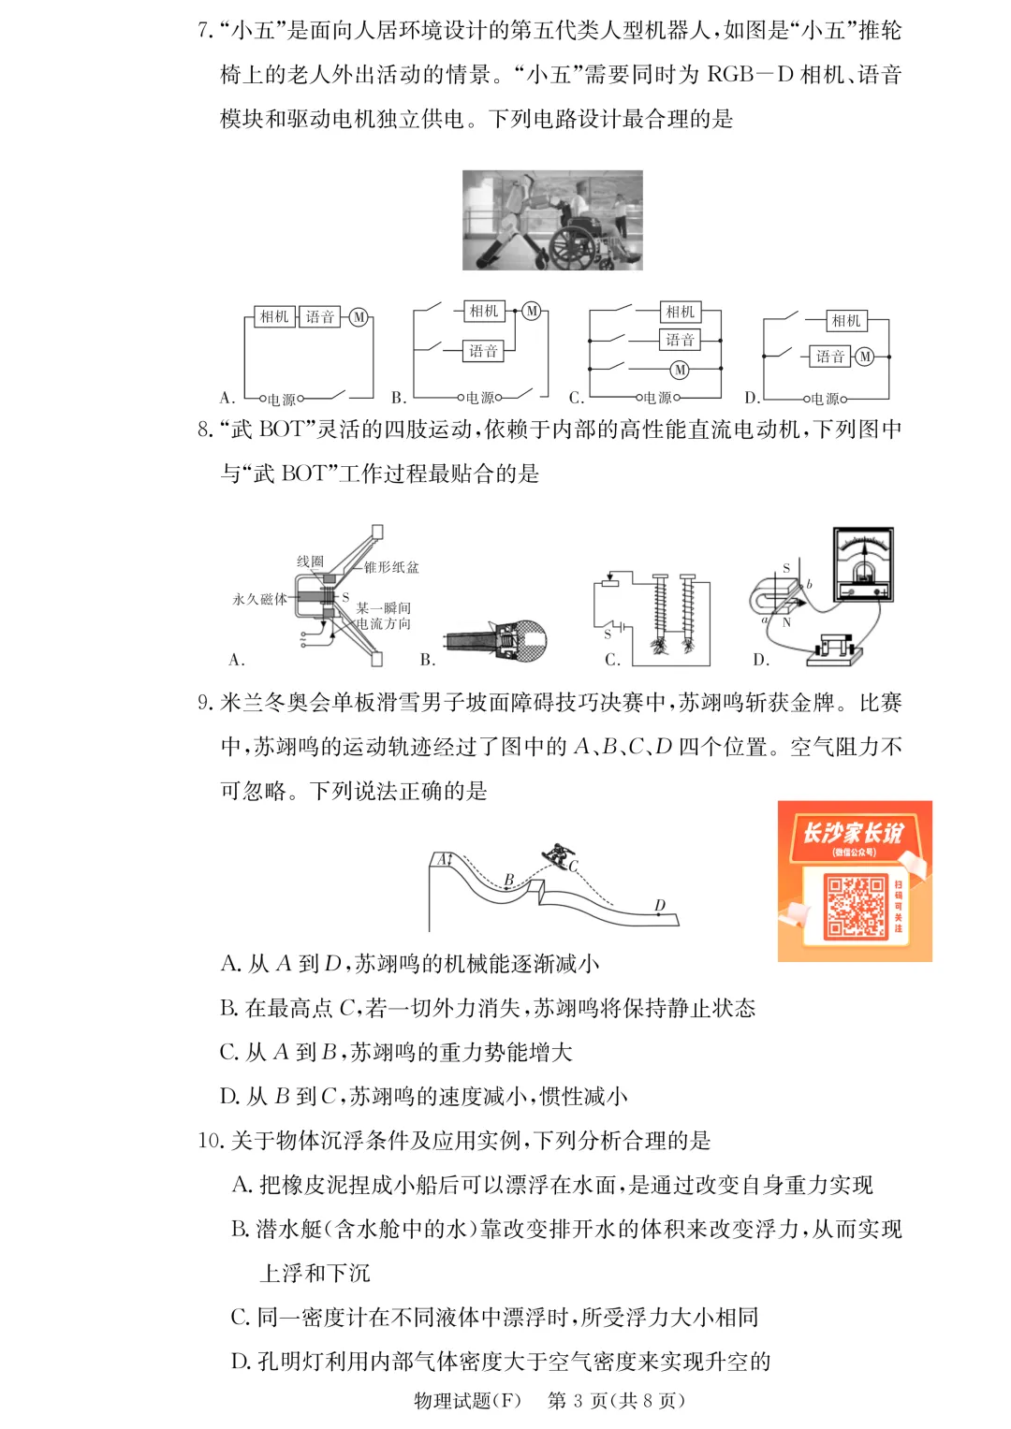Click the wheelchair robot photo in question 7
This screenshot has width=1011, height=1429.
coord(552,220)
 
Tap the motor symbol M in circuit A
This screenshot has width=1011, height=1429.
coord(359,317)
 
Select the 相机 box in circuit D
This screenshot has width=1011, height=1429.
coord(845,321)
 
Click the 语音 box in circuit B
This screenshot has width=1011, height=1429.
coord(483,351)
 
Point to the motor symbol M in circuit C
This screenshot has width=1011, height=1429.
coord(680,370)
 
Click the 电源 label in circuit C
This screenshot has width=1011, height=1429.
coord(657,398)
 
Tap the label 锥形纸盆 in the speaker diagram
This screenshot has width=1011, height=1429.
coord(391,567)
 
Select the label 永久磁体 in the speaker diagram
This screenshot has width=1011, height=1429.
coord(259,599)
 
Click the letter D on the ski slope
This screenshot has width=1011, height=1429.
coord(660,905)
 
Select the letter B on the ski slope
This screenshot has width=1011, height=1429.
coord(509,879)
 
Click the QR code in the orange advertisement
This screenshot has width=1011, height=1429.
coord(855,906)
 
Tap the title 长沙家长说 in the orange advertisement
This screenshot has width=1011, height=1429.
coord(853,832)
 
